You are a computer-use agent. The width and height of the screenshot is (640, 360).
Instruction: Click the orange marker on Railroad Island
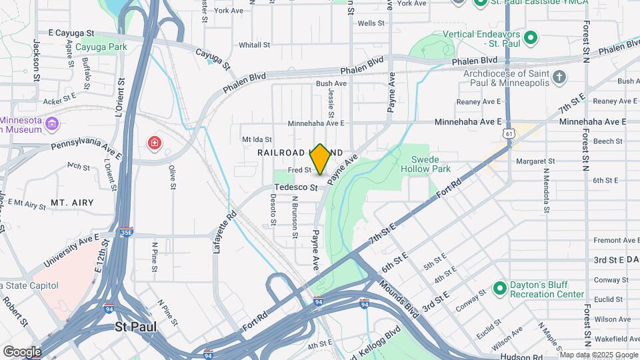coord(320,159)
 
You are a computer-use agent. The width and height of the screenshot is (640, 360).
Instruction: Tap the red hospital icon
coord(155,143)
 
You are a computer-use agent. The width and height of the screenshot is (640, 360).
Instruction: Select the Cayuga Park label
coord(101,47)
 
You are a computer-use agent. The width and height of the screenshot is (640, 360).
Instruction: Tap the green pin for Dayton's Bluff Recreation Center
coord(500,289)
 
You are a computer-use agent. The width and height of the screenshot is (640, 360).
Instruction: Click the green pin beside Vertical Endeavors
coord(531,37)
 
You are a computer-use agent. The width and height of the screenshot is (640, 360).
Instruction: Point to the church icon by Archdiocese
coord(559,77)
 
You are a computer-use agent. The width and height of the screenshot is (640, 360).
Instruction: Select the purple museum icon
coord(53,125)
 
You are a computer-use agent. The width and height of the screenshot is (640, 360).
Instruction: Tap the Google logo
coord(21,351)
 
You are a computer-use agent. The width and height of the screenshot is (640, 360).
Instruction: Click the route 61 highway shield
coord(509,134)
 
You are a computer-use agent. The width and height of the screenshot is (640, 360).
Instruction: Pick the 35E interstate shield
coord(126,232)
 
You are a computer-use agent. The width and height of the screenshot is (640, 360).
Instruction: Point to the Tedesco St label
coord(298,187)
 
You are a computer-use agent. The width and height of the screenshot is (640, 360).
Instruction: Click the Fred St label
coord(299,171)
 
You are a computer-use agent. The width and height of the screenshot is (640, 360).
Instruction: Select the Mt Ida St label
coord(257,139)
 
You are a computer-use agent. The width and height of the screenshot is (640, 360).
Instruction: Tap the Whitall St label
coord(254,45)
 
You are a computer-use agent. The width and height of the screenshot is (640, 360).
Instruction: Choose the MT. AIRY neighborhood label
coord(72,202)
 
